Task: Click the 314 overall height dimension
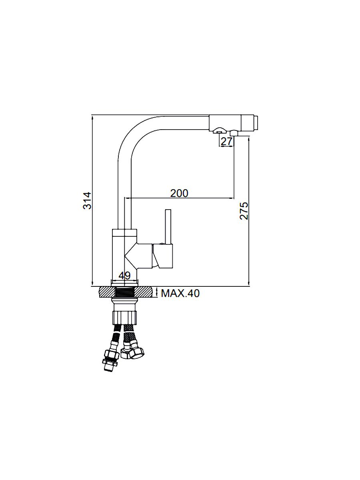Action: [x=87, y=200]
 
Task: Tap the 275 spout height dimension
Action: [x=244, y=211]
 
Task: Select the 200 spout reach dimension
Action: [x=179, y=193]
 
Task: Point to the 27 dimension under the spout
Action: [x=226, y=142]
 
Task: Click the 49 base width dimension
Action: [x=124, y=276]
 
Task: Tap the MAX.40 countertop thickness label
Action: [x=180, y=293]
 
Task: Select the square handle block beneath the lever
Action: [x=163, y=256]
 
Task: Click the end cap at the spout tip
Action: [x=256, y=123]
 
